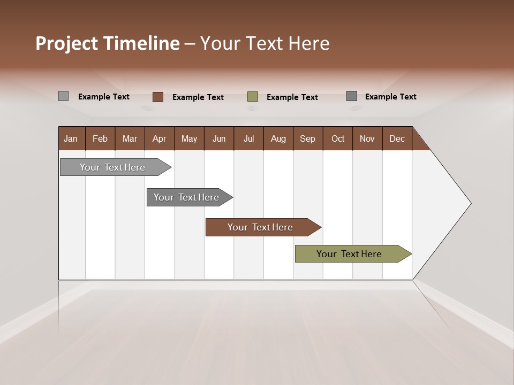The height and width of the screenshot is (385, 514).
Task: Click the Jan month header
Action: pos(71,138)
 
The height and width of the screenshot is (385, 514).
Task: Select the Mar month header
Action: pos(130,138)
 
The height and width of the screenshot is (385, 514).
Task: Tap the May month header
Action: pos(189,138)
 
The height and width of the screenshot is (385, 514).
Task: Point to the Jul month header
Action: pos(248,138)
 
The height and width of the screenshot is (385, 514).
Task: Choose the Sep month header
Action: pos(307,138)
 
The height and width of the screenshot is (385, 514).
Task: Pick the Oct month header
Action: pos(338,138)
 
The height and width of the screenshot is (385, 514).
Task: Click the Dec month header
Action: pos(397,138)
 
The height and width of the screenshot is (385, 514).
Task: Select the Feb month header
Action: pos(100,138)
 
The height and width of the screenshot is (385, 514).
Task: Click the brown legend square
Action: pos(158,97)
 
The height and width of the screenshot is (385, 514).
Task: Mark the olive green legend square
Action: pos(253,97)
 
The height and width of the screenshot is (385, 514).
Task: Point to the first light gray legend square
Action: pos(64,96)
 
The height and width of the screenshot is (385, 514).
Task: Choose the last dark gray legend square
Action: pos(352,96)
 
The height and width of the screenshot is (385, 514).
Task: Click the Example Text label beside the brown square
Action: pos(198,97)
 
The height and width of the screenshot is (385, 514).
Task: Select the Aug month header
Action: pos(278,138)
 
